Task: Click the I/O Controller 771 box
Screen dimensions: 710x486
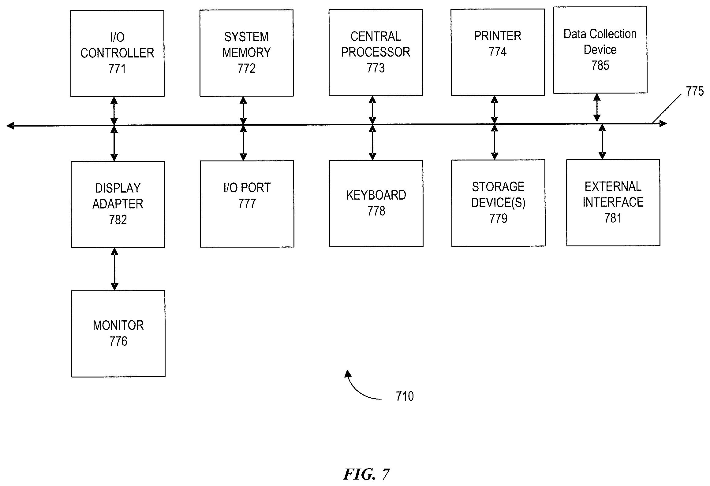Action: [x=117, y=53]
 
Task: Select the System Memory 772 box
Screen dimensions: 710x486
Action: [x=246, y=53]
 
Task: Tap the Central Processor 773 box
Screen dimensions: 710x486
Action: [x=376, y=53]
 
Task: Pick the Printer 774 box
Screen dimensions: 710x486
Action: [x=498, y=52]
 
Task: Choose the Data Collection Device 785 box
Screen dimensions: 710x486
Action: [x=600, y=50]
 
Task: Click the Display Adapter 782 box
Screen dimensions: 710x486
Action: [x=118, y=204]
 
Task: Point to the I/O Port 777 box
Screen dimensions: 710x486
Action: [x=247, y=204]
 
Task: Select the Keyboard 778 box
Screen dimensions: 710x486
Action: [x=376, y=204]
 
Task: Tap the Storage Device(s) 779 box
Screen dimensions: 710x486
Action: [x=498, y=203]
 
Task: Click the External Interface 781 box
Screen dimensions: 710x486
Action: [x=613, y=203]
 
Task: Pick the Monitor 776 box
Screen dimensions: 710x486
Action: [x=118, y=334]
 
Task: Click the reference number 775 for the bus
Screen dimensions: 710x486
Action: [x=695, y=91]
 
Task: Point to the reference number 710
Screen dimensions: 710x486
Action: [x=405, y=396]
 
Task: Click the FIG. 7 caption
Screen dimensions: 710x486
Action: [x=366, y=474]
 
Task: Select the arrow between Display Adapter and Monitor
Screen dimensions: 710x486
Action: [x=114, y=269]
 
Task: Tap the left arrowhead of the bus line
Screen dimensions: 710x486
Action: [x=10, y=126]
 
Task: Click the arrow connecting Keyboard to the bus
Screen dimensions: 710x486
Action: [x=372, y=142]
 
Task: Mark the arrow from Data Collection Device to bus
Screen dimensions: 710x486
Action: [x=597, y=108]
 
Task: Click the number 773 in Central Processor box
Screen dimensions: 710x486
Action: [x=376, y=68]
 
